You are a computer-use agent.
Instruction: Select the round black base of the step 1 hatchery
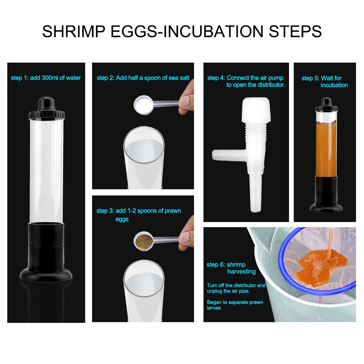coord(46,275)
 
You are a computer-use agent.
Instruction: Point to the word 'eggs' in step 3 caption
coord(122,219)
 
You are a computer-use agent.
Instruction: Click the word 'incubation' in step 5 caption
coord(334,85)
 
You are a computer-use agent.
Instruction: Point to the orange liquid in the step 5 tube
coord(326,149)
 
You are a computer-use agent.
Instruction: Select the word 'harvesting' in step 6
coord(241,272)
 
